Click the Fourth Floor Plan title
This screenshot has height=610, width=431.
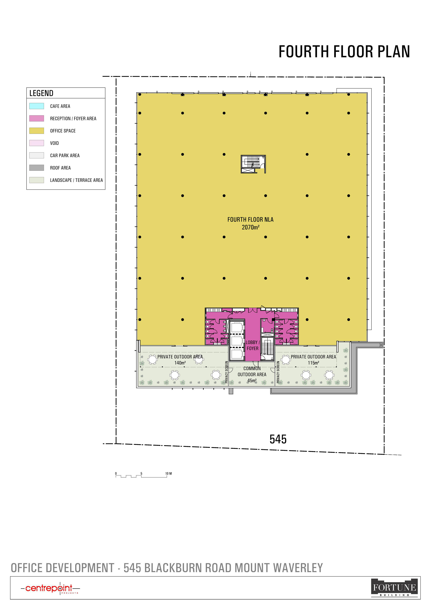[344, 51]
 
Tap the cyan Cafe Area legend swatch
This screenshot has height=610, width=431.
[37, 106]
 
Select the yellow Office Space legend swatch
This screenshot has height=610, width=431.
[37, 131]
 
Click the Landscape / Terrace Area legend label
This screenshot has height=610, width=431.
[76, 180]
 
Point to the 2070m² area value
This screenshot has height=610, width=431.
[251, 227]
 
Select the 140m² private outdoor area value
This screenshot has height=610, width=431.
[180, 363]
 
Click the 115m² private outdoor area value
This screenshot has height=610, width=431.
[313, 363]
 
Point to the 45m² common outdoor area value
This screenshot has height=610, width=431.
[252, 381]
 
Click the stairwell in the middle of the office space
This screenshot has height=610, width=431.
[253, 164]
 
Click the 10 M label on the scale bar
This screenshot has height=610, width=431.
[168, 473]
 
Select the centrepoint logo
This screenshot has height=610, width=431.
[50, 588]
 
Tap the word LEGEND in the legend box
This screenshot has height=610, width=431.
[41, 93]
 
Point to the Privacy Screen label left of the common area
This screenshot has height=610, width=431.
[226, 372]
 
